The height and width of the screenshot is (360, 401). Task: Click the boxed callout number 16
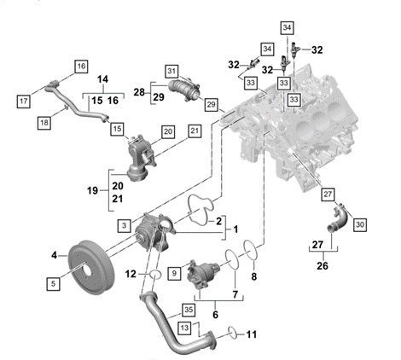[82, 66]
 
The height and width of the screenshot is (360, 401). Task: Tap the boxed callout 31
[172, 70]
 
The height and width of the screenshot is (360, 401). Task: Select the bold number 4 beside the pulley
[55, 253]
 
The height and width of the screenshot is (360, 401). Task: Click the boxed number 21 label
[194, 130]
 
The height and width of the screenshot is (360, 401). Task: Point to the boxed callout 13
[183, 327]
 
